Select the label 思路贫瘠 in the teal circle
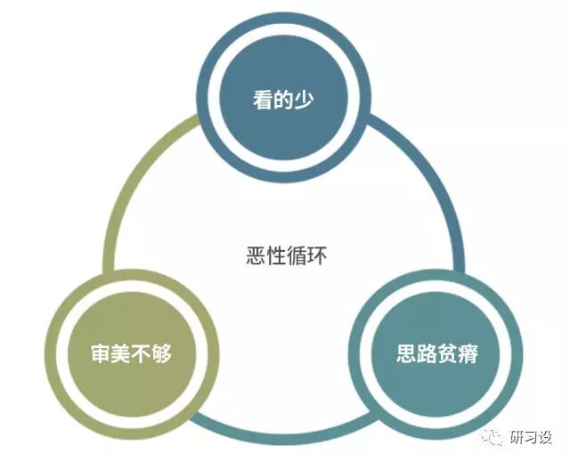437,353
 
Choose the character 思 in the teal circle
406,353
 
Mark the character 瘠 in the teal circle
468,353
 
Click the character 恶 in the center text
256,255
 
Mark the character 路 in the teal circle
427,353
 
